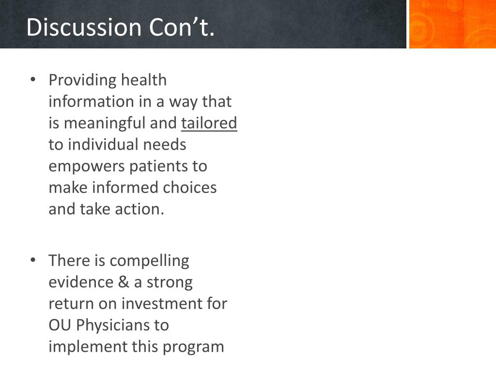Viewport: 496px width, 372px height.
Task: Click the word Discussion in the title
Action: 84,27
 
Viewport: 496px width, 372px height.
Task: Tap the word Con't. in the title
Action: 182,27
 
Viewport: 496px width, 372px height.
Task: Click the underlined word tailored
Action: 209,123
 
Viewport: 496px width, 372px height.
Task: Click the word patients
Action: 158,167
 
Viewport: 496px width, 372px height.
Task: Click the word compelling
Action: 150,262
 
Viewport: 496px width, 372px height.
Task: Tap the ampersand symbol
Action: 124,282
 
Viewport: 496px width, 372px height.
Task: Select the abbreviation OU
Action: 60,325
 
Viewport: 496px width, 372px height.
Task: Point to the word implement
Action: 88,347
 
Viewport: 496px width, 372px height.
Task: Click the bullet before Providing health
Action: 33,79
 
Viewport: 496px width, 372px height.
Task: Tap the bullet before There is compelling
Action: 33,260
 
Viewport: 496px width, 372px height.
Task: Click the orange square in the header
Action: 453,24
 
